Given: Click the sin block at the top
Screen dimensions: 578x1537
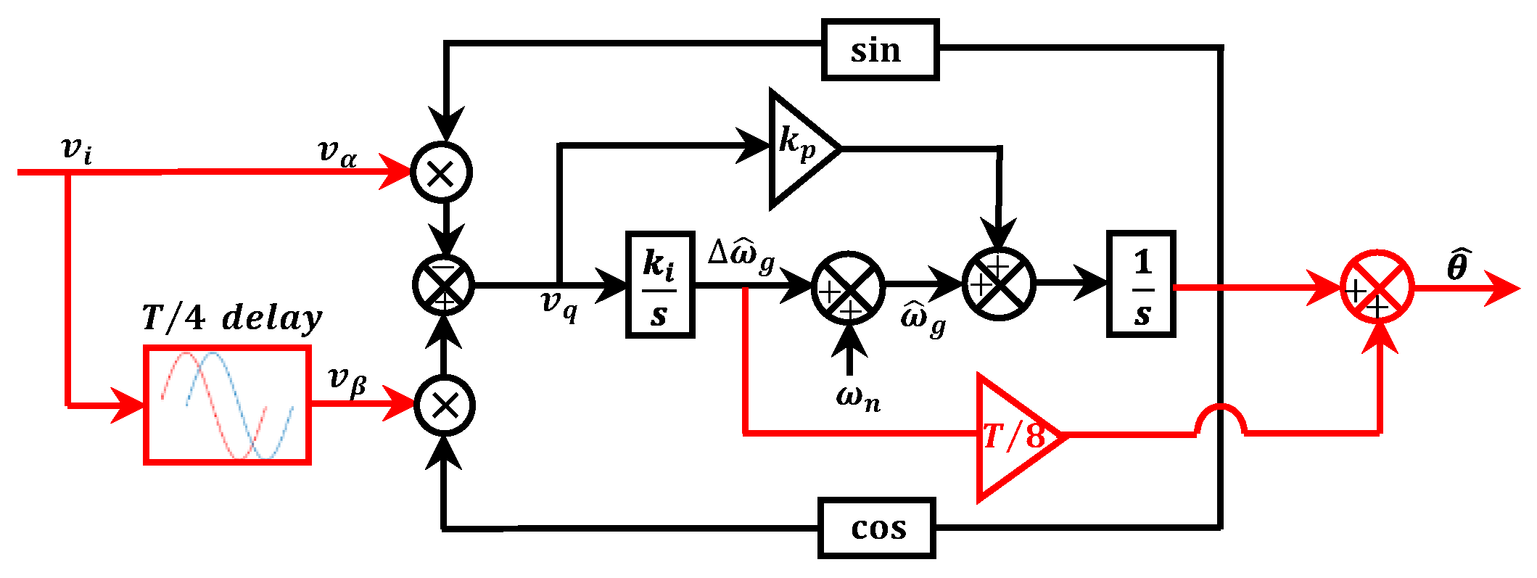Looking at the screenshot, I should [x=880, y=50].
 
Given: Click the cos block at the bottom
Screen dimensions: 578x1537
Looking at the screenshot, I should [x=876, y=528].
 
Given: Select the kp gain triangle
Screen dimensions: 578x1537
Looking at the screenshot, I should [x=798, y=149].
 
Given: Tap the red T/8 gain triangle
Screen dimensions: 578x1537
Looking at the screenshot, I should [x=1013, y=437].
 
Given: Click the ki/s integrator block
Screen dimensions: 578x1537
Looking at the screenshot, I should [x=659, y=285].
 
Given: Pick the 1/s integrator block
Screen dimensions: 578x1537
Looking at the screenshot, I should [x=1140, y=285].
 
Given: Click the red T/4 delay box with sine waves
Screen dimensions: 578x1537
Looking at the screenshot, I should [x=228, y=405].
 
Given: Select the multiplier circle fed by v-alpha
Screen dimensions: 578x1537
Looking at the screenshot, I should [x=441, y=173].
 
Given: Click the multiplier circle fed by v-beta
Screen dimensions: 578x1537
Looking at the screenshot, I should [x=444, y=405].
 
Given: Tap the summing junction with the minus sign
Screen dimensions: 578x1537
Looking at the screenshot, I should [x=443, y=285].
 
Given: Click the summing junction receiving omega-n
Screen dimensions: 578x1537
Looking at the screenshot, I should [x=847, y=289].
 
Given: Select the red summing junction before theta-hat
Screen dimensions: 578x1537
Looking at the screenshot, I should [x=1376, y=287].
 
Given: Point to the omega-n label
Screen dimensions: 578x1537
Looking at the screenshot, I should [x=857, y=397].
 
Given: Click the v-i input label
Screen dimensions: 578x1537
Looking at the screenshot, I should [x=76, y=149].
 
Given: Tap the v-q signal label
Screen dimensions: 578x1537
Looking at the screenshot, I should [x=559, y=304].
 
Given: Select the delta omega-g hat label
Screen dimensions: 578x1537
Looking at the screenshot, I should [x=741, y=255].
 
